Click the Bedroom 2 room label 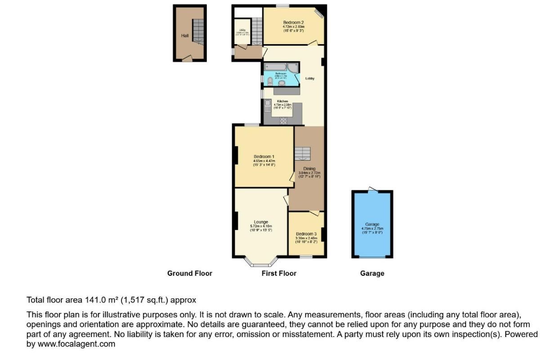pos(293,22)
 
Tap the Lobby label pos(310,78)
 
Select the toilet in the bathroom pos(269,81)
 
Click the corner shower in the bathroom pos(292,68)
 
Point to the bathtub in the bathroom pos(275,67)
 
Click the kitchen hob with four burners pos(284,120)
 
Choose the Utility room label pos(242,30)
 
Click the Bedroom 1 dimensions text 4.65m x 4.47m pos(264,161)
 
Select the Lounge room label pos(261,222)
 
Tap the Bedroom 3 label pos(306,234)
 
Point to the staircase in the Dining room pos(302,154)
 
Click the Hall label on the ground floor pos(185,36)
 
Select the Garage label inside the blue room pos(372,224)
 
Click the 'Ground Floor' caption pos(189,273)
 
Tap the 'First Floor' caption pos(279,273)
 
